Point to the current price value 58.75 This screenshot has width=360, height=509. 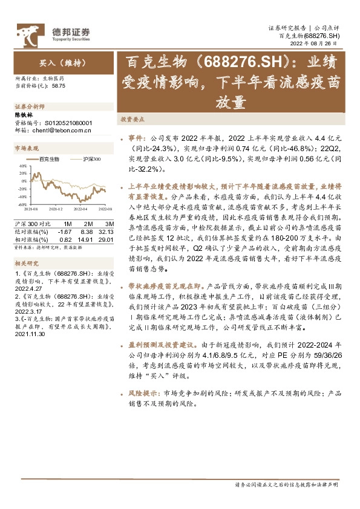pos(59,86)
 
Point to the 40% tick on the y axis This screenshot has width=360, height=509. pos(21,165)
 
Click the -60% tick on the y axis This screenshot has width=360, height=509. pos(21,204)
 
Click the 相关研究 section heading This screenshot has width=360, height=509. pos(26,264)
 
